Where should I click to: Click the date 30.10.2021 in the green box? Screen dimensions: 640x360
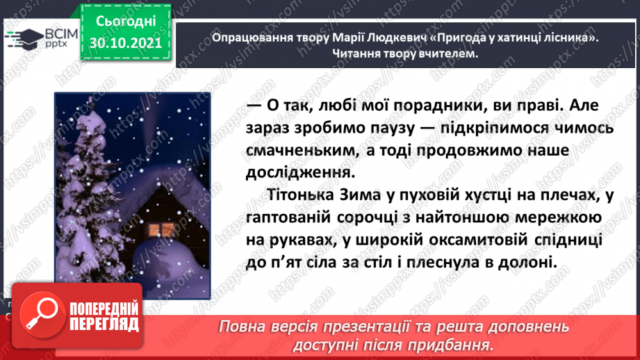[x=126, y=43]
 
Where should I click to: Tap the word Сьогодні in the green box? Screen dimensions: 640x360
[x=126, y=22]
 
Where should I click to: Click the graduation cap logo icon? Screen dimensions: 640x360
[x=24, y=39]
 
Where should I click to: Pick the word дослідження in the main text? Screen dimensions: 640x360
[x=300, y=172]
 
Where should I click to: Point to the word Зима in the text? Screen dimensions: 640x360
[x=361, y=195]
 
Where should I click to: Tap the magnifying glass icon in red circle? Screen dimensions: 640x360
[x=42, y=313]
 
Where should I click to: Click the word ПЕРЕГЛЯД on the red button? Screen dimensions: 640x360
[x=104, y=325]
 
